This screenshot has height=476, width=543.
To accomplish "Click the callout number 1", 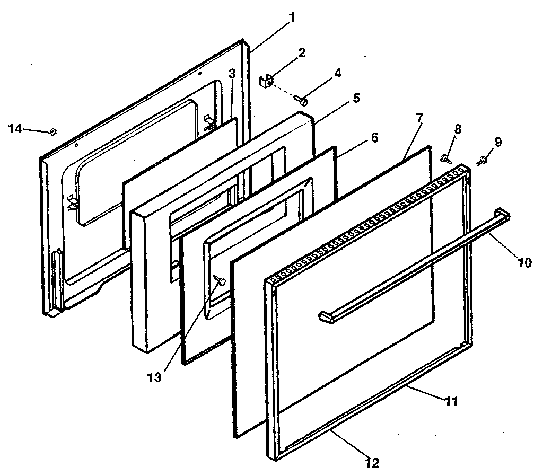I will (x=291, y=16).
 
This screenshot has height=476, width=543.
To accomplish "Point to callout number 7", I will (x=419, y=117).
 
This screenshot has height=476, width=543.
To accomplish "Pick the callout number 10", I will (x=524, y=263).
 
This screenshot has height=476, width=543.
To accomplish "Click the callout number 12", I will (x=373, y=462).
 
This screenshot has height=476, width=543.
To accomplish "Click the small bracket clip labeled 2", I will (x=266, y=81).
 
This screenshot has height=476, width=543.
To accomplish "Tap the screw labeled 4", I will (x=304, y=99).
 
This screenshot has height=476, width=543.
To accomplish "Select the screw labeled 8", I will (x=445, y=157).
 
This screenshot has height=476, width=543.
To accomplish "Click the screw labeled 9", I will (x=482, y=160).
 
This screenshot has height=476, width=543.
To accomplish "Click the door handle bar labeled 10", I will (x=414, y=266).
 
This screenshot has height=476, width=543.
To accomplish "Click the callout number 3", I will (x=232, y=74).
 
